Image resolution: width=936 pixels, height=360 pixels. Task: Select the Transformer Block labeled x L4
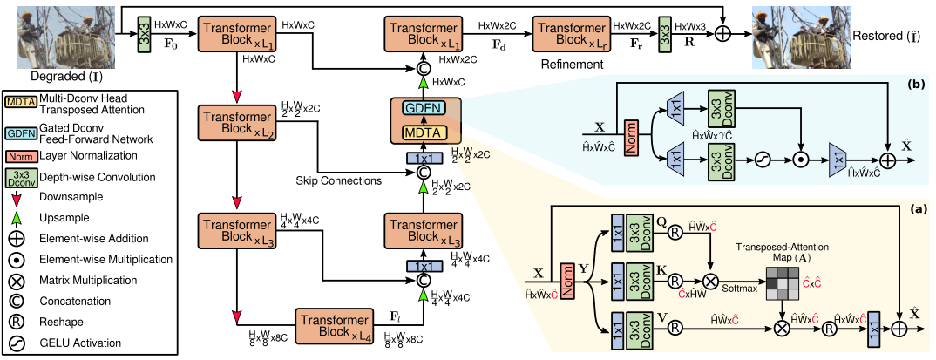click(x=333, y=324)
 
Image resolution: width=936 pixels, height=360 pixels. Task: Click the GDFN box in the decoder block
click(x=424, y=107)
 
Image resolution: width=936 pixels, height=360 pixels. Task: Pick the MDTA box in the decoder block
click(x=424, y=133)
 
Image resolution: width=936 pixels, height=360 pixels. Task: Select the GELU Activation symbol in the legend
click(x=17, y=343)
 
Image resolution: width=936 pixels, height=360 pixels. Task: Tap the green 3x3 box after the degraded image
click(x=144, y=34)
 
